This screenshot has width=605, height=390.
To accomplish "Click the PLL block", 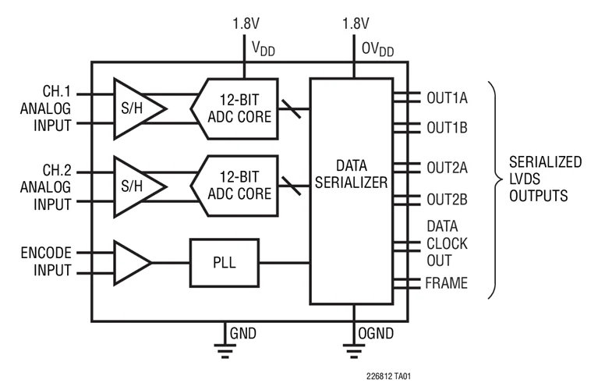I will [x=223, y=264].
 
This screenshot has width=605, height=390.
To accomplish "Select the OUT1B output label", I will [x=447, y=128].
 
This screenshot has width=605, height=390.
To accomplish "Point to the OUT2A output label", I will [x=447, y=167].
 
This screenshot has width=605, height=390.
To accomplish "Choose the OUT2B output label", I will [x=447, y=200].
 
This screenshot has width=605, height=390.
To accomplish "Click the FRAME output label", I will [x=447, y=283].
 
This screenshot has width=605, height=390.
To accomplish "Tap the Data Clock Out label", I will [x=447, y=243].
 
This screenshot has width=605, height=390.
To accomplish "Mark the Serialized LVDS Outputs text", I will [x=545, y=179].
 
